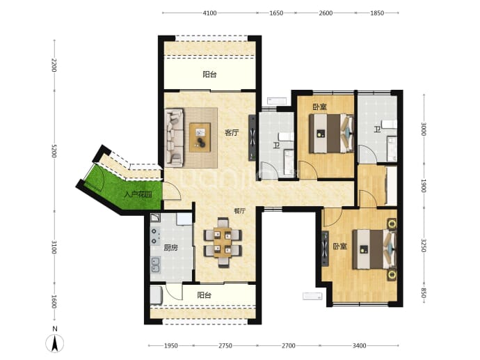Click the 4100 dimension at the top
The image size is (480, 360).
[209, 13]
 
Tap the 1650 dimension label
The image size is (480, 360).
[276, 13]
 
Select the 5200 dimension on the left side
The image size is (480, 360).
[54, 150]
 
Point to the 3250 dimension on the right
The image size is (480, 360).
[424, 246]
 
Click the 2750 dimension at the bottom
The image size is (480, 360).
[225, 345]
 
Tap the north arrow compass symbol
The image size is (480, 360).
[55, 343]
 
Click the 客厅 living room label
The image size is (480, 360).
[232, 133]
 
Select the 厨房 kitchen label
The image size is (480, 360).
[170, 248]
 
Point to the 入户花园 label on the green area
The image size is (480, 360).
[138, 194]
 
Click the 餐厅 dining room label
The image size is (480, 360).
[240, 211]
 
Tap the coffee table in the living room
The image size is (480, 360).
[200, 137]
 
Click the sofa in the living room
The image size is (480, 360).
[175, 138]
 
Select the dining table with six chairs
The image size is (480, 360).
[223, 242]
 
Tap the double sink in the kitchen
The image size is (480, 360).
[156, 265]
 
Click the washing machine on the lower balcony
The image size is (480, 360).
[156, 295]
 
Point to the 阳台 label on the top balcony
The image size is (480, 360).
[209, 75]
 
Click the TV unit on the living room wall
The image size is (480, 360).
[253, 138]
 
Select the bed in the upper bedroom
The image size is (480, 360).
[331, 133]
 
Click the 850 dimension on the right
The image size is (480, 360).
[424, 294]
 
